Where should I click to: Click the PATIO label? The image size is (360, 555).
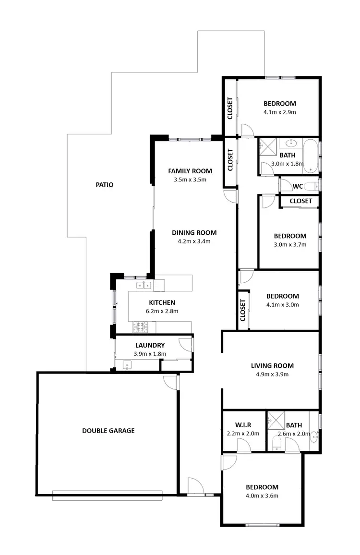coord(104,184)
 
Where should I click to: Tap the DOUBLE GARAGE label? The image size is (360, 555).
coord(108,431)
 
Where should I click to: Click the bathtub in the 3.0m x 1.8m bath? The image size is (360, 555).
coord(311,155)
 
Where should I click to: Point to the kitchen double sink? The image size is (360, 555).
coord(144,286)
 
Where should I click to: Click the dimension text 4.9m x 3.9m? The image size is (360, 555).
coord(272,374)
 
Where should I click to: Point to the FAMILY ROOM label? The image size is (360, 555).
coord(190,171)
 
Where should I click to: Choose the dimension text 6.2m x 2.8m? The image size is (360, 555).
coord(162,311)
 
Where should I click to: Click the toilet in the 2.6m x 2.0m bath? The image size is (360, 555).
coord(277,443)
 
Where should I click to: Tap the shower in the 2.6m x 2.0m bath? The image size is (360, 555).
coord(276,420)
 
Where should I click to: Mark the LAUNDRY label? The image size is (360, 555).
coord(150,345)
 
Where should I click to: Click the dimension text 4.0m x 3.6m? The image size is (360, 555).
coord(262,495)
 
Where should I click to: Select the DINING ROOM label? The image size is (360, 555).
coord(194,233)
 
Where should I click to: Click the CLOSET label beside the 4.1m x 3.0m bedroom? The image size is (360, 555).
coord(243,310)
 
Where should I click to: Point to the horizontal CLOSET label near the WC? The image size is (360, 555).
coord(301,201)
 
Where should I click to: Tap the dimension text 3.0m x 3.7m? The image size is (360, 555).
coord(290,244)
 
